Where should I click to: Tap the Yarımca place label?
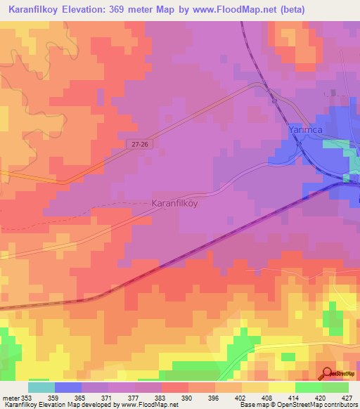[308, 130]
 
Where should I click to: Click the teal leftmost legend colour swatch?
[41, 387]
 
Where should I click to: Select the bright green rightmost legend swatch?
[335, 387]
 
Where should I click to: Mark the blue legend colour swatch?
[68, 387]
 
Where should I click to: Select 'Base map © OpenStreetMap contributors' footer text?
[297, 405]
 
